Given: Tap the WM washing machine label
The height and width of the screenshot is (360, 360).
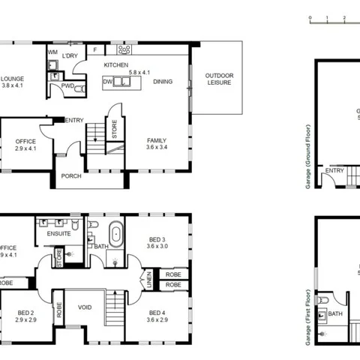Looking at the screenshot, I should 52,52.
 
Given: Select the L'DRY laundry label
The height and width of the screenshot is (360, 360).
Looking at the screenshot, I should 71,55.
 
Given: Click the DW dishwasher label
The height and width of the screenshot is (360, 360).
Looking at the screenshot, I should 107,81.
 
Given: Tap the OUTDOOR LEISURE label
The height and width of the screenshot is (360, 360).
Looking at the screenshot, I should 219,79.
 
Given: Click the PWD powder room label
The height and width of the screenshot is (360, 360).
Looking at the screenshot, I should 67,86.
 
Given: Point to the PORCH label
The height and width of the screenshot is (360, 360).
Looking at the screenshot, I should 71,178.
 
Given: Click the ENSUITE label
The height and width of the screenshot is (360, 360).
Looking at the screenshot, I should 58,233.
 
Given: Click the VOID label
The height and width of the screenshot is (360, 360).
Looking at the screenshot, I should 84,307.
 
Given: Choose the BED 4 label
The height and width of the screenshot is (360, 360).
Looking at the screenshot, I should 157,316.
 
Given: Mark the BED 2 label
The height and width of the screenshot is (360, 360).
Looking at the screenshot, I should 25,316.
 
